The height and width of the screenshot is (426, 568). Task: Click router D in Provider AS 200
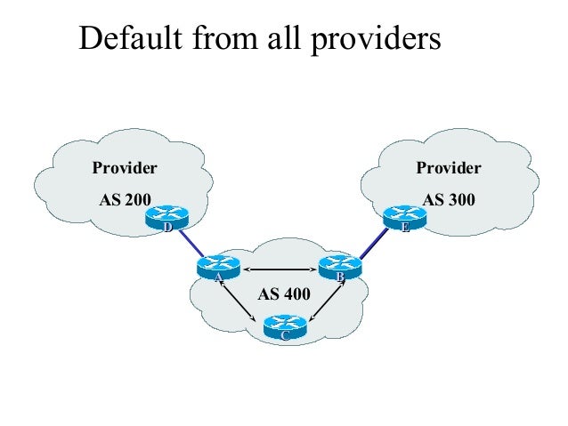coord(166,220)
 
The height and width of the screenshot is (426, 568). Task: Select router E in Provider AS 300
coord(403,220)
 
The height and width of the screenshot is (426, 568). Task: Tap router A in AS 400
coord(216,269)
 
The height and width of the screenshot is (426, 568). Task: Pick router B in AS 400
coord(339,269)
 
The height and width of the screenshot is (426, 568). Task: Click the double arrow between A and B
coord(278,269)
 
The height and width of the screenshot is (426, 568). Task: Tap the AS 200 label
coord(125,200)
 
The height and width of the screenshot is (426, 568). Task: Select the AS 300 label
coord(449,200)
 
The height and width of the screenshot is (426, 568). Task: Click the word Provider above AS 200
coord(126,167)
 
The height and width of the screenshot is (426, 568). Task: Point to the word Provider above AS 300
coord(449,167)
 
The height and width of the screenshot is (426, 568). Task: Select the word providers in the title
coord(384,41)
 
